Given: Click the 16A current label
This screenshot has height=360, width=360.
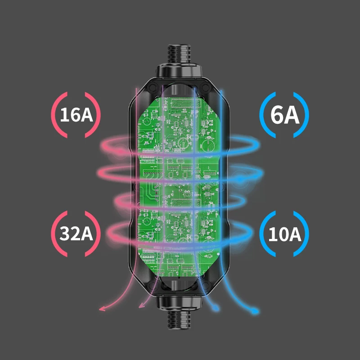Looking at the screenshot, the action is [76, 115].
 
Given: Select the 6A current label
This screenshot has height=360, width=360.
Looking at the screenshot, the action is [284, 115].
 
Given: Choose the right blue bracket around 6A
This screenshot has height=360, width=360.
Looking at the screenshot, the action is [305, 115].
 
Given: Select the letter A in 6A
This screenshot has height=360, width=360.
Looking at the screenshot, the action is [292, 115].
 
